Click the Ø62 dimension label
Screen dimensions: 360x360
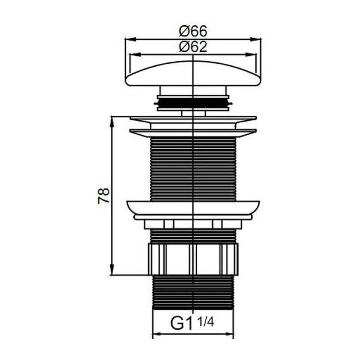pos(193,47)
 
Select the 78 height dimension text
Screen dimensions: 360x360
pos(104,196)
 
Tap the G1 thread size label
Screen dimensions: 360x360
pos(181,323)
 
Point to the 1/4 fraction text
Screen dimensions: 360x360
pos(206,322)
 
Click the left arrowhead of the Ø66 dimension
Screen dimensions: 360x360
pos(130,39)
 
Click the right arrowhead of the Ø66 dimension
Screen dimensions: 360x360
pos(256,39)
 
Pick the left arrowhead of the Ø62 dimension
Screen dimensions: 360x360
pos(135,55)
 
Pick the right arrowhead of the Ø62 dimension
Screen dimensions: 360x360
pos(250,55)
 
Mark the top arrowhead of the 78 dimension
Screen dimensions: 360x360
pos(112,122)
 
